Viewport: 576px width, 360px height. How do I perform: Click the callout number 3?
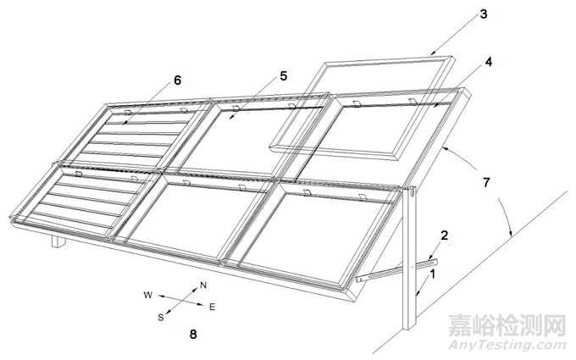click(x=484, y=14)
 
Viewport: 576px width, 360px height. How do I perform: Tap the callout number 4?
click(x=488, y=62)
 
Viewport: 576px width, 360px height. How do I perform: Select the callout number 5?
click(x=283, y=76)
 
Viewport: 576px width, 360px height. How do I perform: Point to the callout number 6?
click(x=177, y=80)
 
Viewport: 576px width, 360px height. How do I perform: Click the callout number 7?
click(x=486, y=183)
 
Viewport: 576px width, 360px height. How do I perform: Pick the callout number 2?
click(x=445, y=235)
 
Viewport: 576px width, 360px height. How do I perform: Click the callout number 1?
click(x=433, y=274)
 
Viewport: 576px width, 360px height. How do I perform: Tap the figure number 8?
click(x=193, y=335)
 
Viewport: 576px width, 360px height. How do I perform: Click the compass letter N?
click(x=202, y=285)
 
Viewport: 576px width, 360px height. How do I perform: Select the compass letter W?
click(x=148, y=295)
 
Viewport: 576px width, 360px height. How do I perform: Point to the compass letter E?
click(x=212, y=307)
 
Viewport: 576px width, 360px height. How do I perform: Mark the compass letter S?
click(x=161, y=318)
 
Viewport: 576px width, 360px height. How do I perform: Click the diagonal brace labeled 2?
click(x=397, y=271)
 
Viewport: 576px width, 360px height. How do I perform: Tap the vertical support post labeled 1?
click(x=409, y=258)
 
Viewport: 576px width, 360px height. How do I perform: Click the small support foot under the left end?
click(x=58, y=241)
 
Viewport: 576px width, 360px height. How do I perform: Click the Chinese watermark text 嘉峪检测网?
click(x=507, y=325)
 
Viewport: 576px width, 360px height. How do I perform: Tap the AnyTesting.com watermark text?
click(x=507, y=346)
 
